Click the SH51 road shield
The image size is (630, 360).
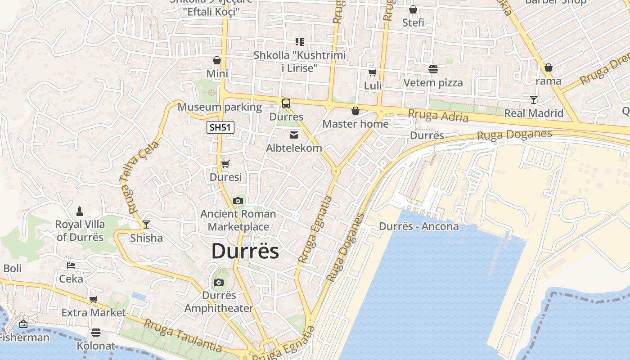pyautogui.click(x=220, y=127)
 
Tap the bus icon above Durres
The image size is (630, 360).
pyautogui.click(x=286, y=103)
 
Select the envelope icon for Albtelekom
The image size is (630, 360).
pyautogui.click(x=294, y=135)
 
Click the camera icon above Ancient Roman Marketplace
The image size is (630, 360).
pyautogui.click(x=238, y=201)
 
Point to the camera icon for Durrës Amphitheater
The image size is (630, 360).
pyautogui.click(x=219, y=282)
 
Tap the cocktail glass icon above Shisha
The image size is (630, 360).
pyautogui.click(x=146, y=224)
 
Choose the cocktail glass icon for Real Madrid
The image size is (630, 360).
pyautogui.click(x=534, y=99)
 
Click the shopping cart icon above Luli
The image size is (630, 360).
pyautogui.click(x=372, y=72)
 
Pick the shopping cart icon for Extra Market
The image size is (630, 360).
pyautogui.click(x=94, y=299)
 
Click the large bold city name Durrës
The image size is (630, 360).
pyautogui.click(x=245, y=251)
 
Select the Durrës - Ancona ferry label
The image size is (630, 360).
pyautogui.click(x=419, y=226)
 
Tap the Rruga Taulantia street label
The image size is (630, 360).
pyautogui.click(x=183, y=335)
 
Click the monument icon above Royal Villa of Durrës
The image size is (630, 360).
pyautogui.click(x=80, y=211)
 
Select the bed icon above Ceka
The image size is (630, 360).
pyautogui.click(x=71, y=265)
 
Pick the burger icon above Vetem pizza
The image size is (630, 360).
pyautogui.click(x=433, y=69)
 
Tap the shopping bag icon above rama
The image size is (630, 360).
pyautogui.click(x=548, y=67)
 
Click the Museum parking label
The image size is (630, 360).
pyautogui.click(x=220, y=107)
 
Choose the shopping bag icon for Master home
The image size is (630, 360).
pyautogui.click(x=355, y=110)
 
